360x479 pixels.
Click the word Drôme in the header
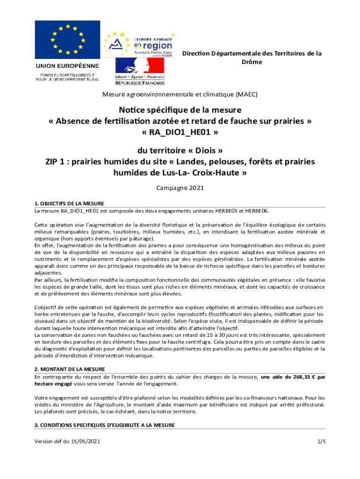[252, 62]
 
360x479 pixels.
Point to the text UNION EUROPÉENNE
[68, 65]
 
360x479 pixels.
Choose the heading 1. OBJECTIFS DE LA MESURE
[69, 203]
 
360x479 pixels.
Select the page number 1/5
[321, 441]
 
